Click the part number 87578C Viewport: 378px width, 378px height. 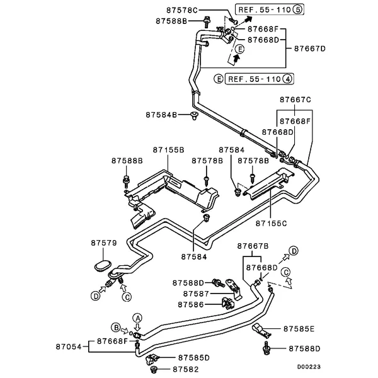coord(182,10)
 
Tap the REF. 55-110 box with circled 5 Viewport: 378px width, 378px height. coord(270,9)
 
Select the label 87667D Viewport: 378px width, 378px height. coord(310,49)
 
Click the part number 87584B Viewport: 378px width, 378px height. coord(161,115)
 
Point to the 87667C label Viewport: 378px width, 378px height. coord(295,100)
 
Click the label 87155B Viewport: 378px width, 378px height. coord(168,150)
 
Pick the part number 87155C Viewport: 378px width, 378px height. coord(271,224)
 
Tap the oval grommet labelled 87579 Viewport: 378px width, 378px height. coord(103,265)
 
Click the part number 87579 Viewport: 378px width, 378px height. coord(104,243)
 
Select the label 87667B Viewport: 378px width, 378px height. coord(253,246)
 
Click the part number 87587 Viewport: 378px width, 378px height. coord(196,294)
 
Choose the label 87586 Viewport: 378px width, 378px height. coord(191,305)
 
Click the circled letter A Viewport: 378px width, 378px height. coord(138,318)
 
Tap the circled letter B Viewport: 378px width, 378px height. coord(116,328)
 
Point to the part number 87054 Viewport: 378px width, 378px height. coord(69,346)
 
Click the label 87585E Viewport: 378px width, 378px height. coord(299,329)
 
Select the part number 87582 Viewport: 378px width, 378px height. coord(186,369)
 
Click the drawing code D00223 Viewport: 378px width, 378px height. coord(309,367)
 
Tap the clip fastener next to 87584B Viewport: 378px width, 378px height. coord(194,115)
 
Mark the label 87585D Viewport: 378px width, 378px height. coord(194,358)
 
